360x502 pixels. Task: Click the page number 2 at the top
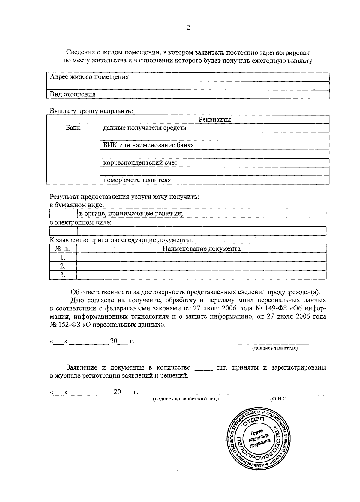(x=188, y=28)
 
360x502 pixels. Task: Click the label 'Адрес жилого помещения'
(x=89, y=77)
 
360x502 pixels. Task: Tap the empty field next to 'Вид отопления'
(x=238, y=94)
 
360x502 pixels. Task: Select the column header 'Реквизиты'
(x=214, y=120)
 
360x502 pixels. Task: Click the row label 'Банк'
(x=73, y=128)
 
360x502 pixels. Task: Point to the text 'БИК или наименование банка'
(x=148, y=145)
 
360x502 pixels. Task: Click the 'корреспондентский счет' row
(x=140, y=163)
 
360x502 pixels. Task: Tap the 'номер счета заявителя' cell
(x=137, y=180)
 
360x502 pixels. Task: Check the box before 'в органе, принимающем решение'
(x=63, y=214)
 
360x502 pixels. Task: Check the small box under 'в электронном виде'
(x=63, y=231)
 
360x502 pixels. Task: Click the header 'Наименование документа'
(x=201, y=248)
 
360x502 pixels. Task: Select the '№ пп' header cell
(x=63, y=248)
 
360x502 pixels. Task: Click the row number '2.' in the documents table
(x=63, y=266)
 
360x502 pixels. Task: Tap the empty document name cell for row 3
(x=201, y=275)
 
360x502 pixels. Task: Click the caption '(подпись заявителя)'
(x=275, y=348)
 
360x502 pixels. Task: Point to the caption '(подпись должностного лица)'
(x=187, y=399)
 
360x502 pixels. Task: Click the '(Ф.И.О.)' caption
(x=280, y=399)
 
